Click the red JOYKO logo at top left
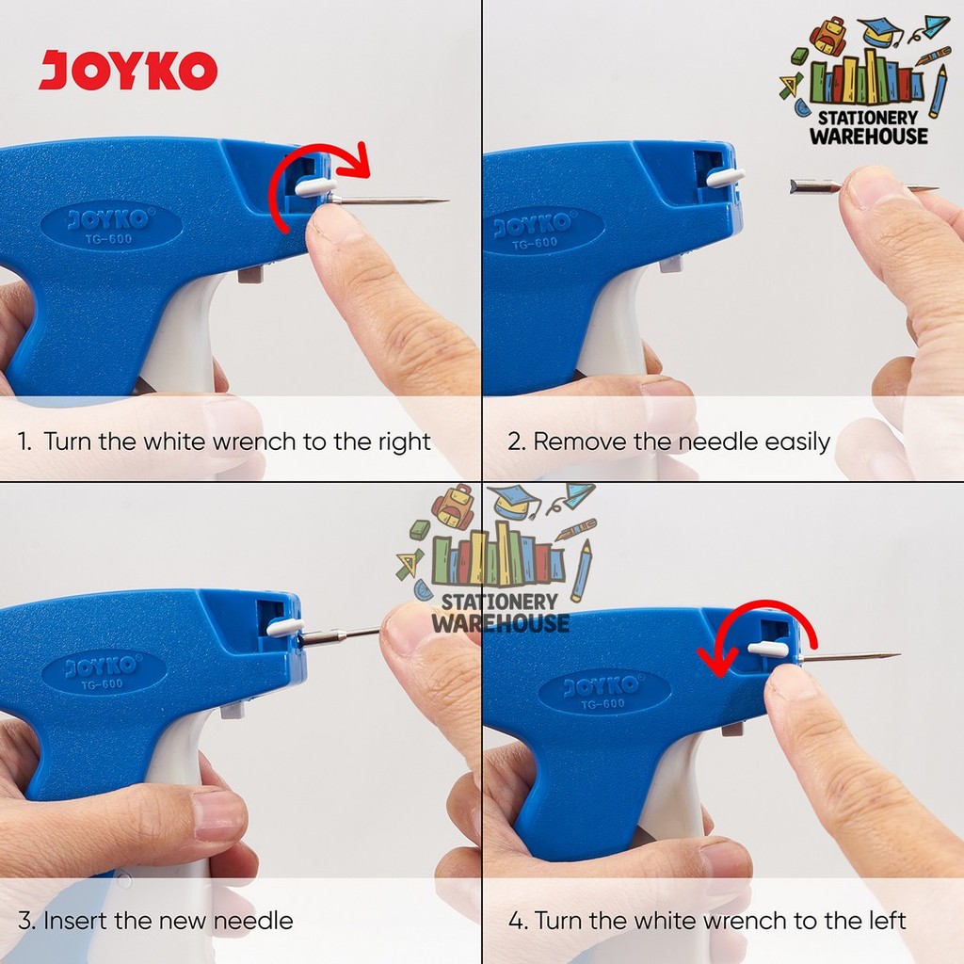[x=128, y=72]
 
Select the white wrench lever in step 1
[x=315, y=187]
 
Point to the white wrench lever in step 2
[x=725, y=176]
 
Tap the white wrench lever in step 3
[x=284, y=625]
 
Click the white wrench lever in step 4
[x=767, y=648]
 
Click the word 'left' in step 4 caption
[x=883, y=920]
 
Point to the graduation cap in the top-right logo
[x=879, y=32]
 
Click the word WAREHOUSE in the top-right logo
[x=869, y=136]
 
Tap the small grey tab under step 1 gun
[x=249, y=274]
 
